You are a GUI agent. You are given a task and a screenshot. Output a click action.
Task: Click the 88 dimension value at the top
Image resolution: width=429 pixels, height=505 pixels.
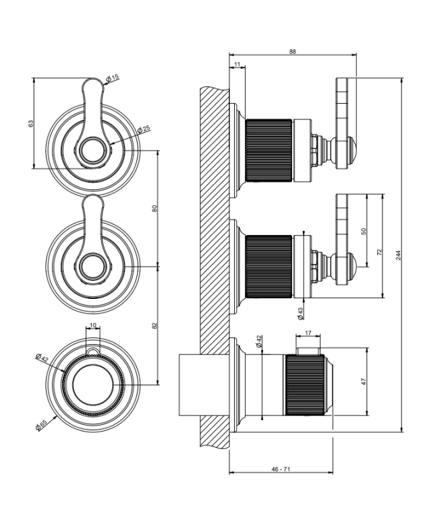[x=292, y=52]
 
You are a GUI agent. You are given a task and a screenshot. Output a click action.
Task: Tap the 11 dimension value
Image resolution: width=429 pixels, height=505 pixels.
[x=237, y=65]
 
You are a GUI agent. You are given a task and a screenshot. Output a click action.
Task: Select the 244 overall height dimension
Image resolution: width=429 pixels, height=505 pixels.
[x=399, y=255]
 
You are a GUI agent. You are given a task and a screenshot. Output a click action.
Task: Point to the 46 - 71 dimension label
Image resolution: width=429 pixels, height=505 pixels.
[x=281, y=469]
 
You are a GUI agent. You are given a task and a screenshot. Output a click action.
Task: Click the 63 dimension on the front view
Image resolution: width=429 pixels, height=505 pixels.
[x=30, y=123]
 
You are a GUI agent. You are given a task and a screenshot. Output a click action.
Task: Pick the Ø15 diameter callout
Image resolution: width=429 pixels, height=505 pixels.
[x=113, y=77]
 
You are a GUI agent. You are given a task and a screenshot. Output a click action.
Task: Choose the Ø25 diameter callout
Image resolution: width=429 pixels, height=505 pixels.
[x=144, y=129]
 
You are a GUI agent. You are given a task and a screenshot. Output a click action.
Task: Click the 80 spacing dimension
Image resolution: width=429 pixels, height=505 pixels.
[x=155, y=208]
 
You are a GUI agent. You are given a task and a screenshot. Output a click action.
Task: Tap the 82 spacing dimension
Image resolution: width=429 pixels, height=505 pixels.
[x=155, y=325]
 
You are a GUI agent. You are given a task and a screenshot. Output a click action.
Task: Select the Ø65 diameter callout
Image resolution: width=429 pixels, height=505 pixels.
[x=41, y=424]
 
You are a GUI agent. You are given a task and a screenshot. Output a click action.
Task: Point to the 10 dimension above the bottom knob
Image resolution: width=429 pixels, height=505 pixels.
[x=93, y=325]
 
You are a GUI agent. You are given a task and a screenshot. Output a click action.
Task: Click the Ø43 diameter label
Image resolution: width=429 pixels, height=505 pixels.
[x=301, y=313]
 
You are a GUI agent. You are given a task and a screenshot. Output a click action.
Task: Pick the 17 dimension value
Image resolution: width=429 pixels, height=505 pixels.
[x=308, y=333]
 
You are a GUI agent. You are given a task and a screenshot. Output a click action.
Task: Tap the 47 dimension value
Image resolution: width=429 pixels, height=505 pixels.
[x=364, y=382]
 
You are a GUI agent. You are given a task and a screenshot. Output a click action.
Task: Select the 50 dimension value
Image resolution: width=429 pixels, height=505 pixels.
[x=364, y=231]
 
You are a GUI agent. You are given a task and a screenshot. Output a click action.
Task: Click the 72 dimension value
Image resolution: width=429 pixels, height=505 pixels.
[x=379, y=252]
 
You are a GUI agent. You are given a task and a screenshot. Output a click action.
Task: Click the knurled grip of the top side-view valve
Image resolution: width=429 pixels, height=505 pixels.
[x=268, y=150]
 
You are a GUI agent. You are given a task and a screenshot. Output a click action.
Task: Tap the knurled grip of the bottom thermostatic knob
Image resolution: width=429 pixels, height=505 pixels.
[x=305, y=384]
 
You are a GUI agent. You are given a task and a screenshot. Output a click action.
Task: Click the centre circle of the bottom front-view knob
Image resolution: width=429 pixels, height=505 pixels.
[x=93, y=384]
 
